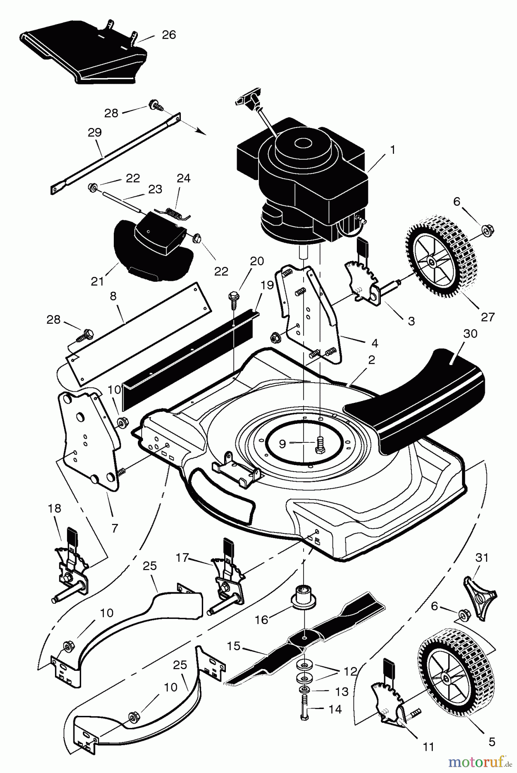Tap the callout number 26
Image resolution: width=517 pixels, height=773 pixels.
pyautogui.click(x=169, y=35)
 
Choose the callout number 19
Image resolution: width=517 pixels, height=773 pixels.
pyautogui.click(x=267, y=285)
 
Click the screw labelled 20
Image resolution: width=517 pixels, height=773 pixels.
pyautogui.click(x=234, y=298)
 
